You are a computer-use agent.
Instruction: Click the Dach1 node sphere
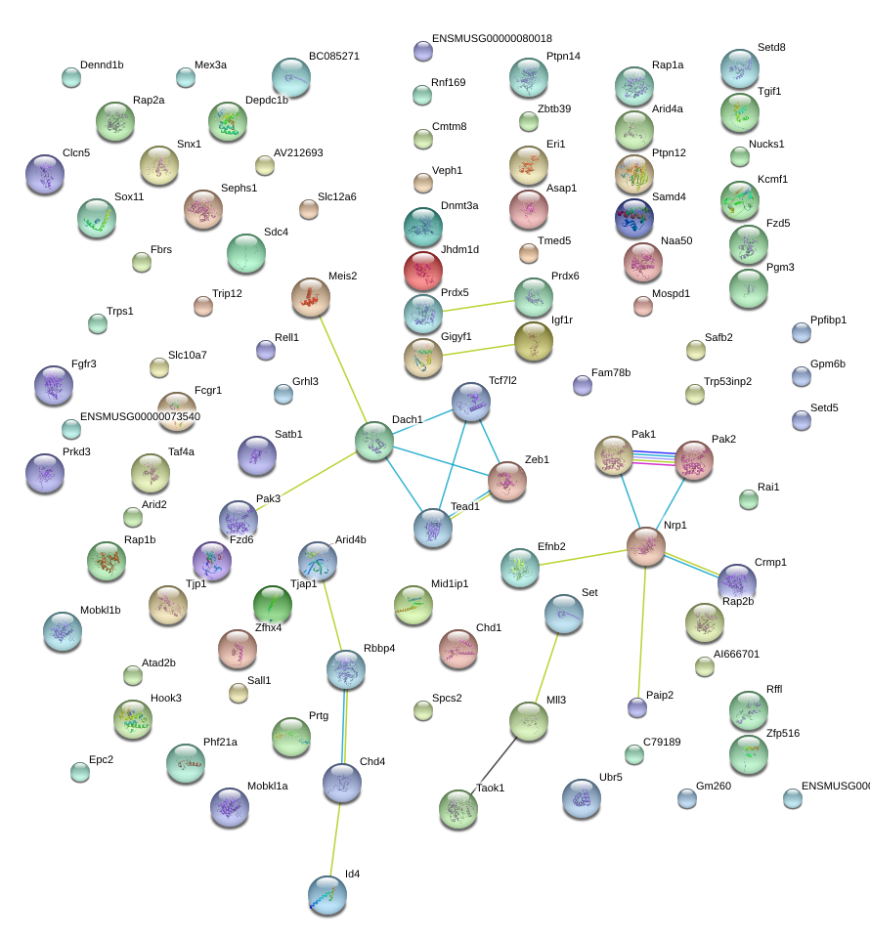tap(374, 442)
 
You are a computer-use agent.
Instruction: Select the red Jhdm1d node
tap(423, 271)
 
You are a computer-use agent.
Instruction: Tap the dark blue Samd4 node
tap(633, 219)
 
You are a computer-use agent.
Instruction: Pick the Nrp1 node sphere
tap(646, 547)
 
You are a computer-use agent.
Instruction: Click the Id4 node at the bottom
tap(327, 896)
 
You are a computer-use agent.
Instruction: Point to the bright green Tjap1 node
tap(273, 605)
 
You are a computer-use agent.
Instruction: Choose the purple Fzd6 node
tap(212, 561)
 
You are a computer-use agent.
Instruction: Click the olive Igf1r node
tap(534, 341)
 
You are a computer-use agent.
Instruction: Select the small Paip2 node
tap(637, 707)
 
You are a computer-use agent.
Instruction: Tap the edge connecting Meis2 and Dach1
tap(343, 369)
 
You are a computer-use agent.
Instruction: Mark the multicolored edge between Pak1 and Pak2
tap(654, 458)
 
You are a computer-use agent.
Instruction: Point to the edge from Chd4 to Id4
tap(335, 839)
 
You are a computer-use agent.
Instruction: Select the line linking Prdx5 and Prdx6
tap(478, 306)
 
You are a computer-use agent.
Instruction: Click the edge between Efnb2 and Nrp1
tap(583, 558)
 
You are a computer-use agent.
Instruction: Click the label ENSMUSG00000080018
tap(492, 38)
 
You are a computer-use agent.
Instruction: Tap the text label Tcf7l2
tap(502, 380)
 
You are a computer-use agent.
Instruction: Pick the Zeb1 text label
tap(537, 459)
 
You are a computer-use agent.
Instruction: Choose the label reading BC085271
tap(333, 56)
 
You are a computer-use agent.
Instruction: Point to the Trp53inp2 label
tap(727, 381)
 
